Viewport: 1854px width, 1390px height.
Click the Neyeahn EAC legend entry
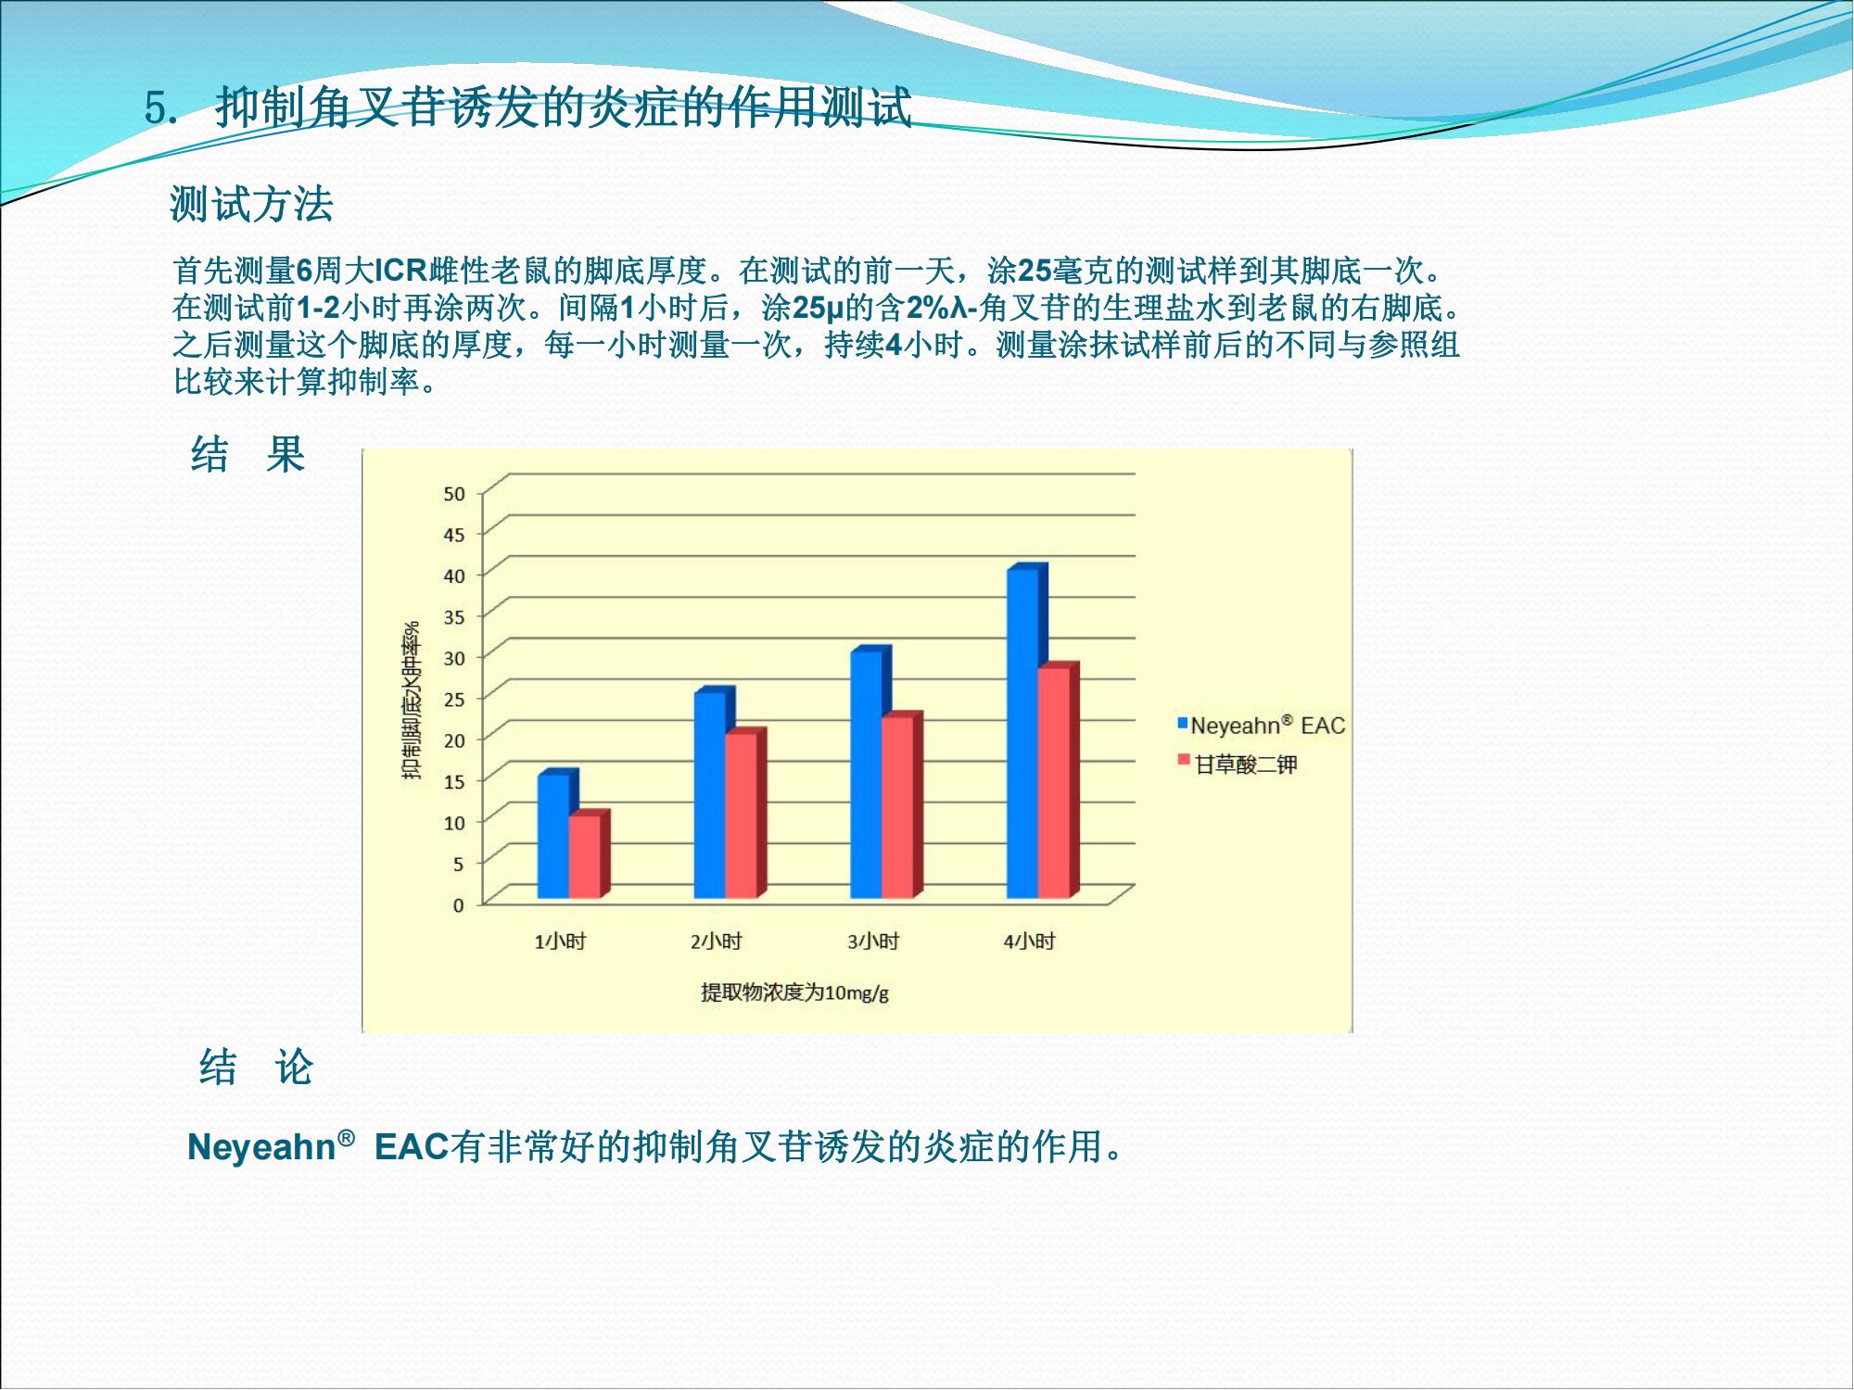(x=1262, y=726)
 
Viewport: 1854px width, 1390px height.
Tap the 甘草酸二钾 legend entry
(x=1238, y=764)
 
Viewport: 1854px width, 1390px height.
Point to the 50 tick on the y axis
(x=454, y=494)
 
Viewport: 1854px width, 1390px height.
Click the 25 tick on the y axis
(x=454, y=699)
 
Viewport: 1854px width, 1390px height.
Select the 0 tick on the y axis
(x=458, y=905)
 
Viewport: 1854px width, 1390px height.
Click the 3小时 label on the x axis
(x=873, y=942)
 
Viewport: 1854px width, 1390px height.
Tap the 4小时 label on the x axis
(x=1030, y=942)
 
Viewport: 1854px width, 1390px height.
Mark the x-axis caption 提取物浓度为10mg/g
(x=794, y=993)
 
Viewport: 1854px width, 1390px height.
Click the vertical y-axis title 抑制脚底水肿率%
(x=411, y=701)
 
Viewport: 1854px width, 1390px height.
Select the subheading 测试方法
(x=251, y=204)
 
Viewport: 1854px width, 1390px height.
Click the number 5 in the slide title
(x=156, y=108)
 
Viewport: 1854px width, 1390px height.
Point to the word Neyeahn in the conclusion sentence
(x=261, y=1148)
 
